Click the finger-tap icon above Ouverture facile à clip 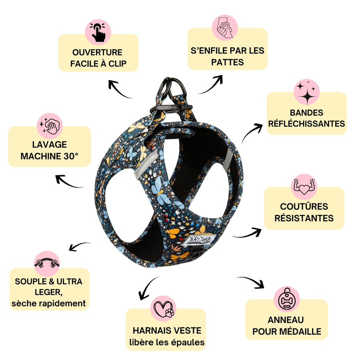pos(98,32)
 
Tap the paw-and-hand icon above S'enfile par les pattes pos(224,28)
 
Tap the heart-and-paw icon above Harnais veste pos(164,308)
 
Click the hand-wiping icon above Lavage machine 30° pos(50,126)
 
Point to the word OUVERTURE pos(98,52)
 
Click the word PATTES pos(227,62)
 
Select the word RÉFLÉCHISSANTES pos(306,124)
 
